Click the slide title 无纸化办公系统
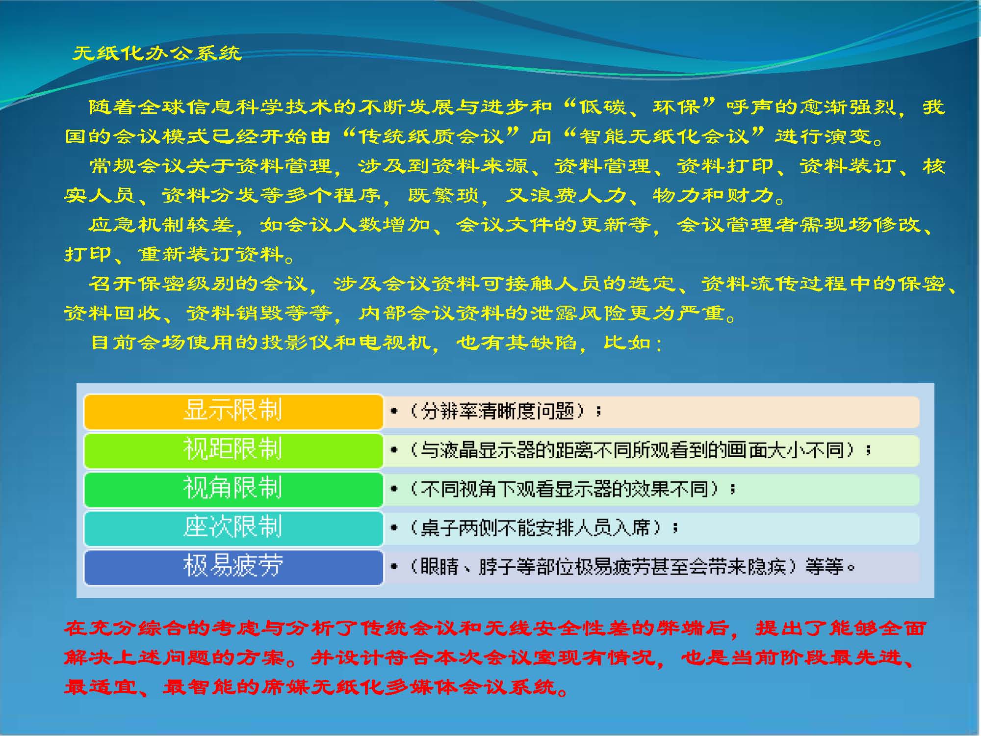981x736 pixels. pos(157,53)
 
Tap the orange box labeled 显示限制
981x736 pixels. pos(233,411)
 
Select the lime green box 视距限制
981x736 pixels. pos(233,450)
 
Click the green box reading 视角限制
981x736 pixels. pos(233,489)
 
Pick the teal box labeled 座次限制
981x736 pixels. pos(233,528)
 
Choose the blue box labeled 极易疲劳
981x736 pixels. pos(233,567)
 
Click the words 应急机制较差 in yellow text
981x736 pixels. pos(161,225)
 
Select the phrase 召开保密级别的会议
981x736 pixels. pos(198,284)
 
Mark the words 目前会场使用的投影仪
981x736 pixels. pos(210,342)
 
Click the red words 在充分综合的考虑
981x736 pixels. pos(161,628)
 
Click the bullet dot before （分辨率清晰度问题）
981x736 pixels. pos(393,411)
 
